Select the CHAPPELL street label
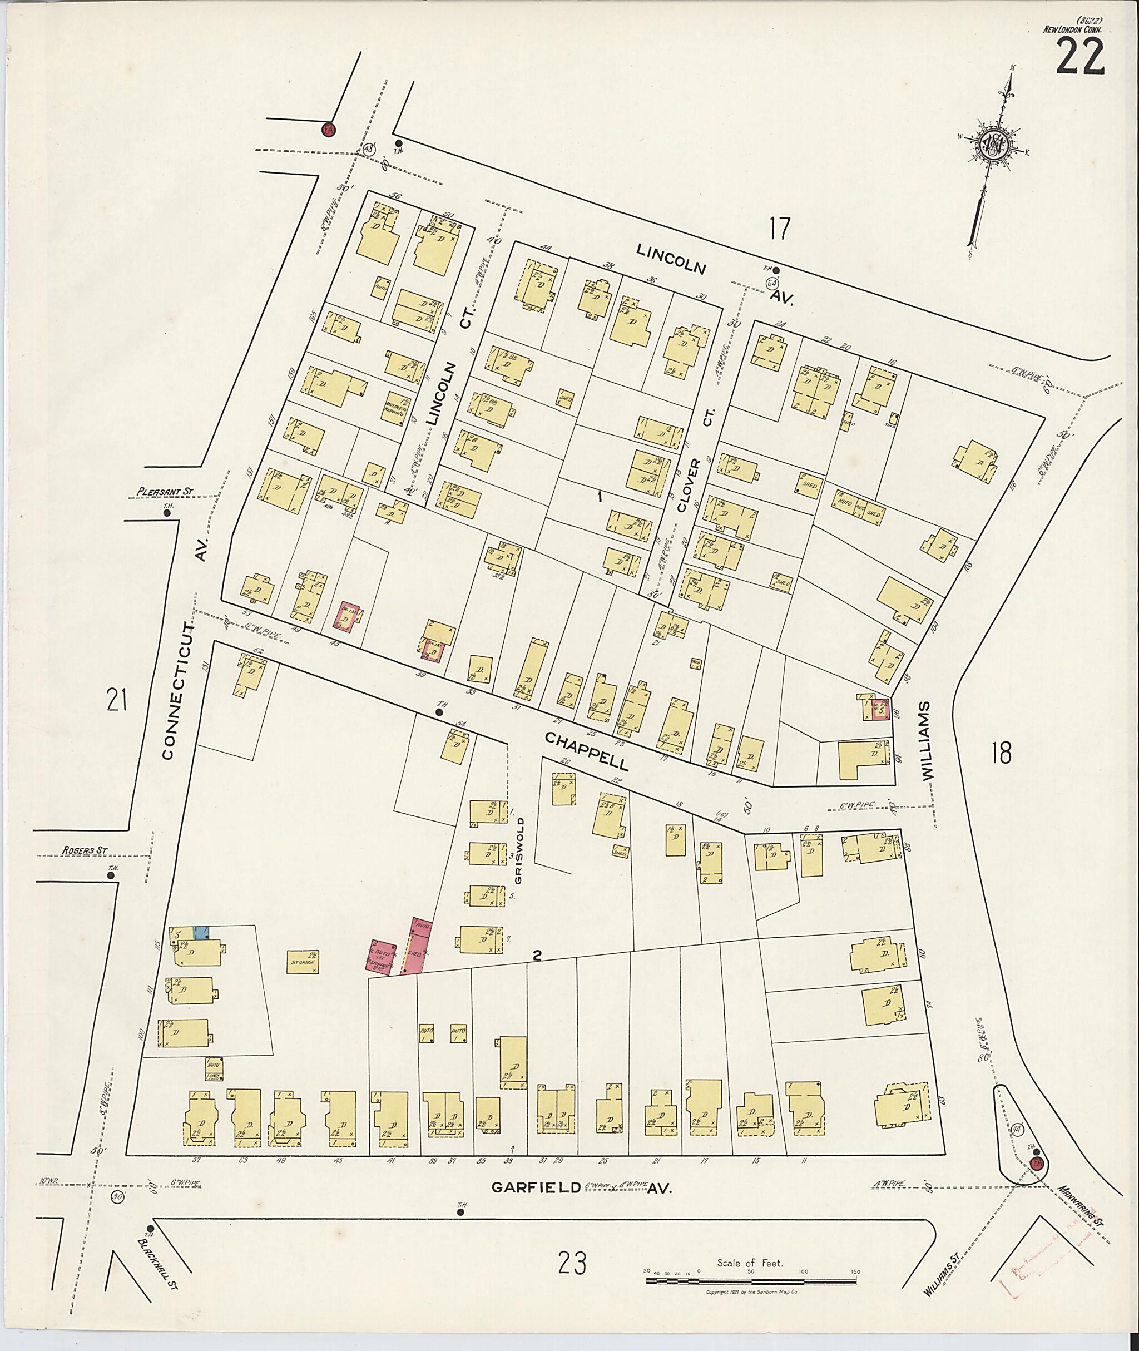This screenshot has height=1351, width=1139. coord(585,751)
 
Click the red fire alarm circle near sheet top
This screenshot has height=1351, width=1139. coord(328,129)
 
